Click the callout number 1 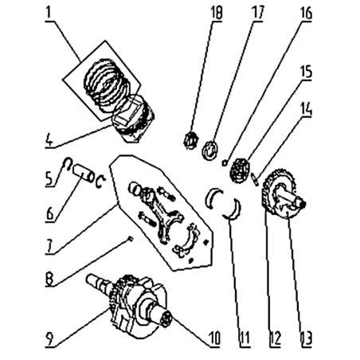48,14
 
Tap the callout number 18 216,14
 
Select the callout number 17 256,13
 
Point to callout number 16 306,14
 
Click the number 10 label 214,338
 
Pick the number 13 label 307,338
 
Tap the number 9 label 49,338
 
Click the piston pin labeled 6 83,174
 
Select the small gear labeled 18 190,140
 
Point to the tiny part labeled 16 225,162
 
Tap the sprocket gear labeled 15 240,170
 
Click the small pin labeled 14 255,178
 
